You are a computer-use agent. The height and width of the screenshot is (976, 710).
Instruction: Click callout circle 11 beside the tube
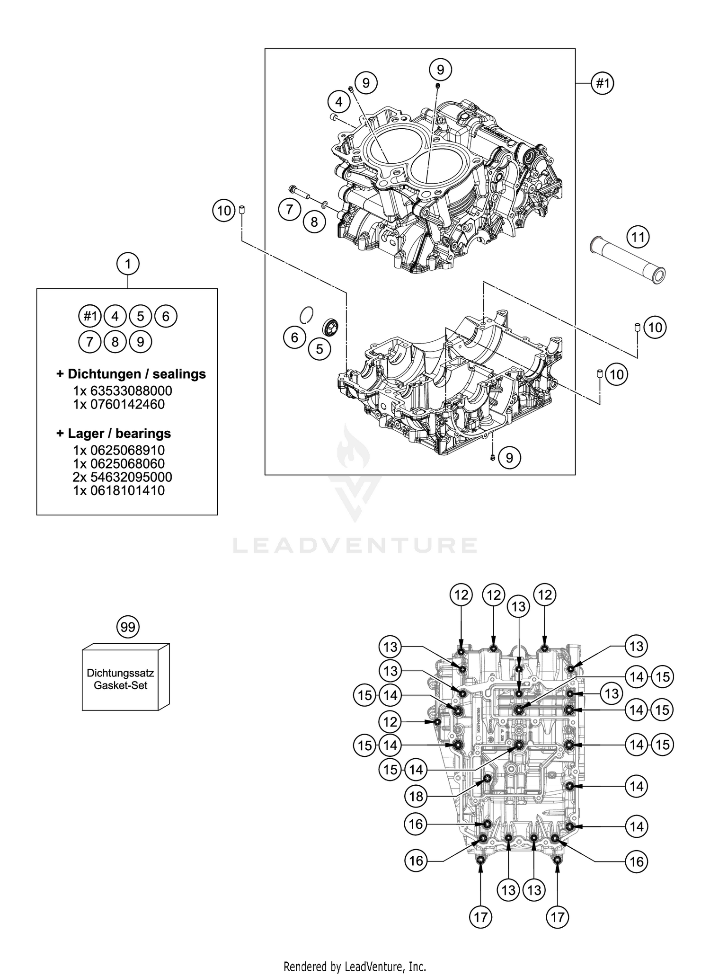tap(638, 236)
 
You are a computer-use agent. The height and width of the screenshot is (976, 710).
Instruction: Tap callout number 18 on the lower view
tap(416, 797)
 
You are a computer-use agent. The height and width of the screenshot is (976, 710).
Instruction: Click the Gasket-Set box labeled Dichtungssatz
tap(121, 679)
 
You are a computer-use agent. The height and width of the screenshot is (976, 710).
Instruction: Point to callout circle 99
tap(128, 627)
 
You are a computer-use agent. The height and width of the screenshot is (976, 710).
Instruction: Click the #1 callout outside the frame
tap(602, 84)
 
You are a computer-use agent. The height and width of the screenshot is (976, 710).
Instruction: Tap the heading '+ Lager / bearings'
tap(114, 433)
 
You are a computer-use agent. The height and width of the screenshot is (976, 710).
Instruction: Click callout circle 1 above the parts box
tap(128, 264)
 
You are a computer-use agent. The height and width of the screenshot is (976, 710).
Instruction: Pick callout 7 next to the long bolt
tap(290, 209)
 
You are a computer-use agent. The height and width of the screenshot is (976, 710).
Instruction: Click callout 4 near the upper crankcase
tap(338, 101)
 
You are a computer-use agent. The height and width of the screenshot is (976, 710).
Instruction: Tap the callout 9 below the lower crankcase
tap(509, 458)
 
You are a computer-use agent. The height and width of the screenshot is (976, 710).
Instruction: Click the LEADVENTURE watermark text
tap(355, 545)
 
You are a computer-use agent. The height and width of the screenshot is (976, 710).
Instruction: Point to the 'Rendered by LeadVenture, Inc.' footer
tap(355, 966)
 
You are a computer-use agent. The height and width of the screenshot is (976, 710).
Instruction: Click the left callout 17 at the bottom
tap(480, 917)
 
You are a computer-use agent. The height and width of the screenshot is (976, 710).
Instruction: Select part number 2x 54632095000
tap(123, 477)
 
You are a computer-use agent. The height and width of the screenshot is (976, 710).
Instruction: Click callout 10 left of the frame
tap(224, 210)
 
